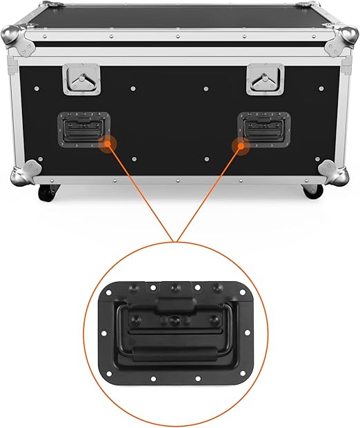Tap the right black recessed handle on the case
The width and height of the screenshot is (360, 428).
click(264, 128)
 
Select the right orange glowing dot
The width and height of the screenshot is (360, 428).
click(241, 145)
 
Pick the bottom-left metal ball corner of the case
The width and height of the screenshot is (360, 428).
click(26, 173)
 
